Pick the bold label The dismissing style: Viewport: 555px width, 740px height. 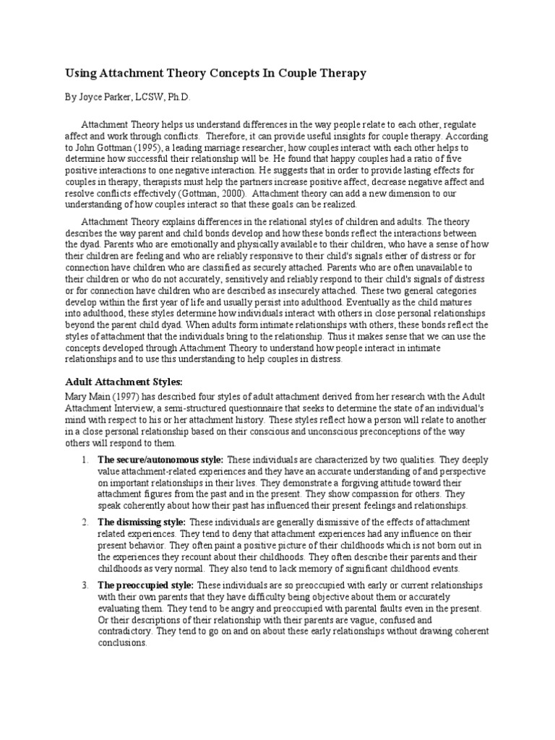(142, 522)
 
